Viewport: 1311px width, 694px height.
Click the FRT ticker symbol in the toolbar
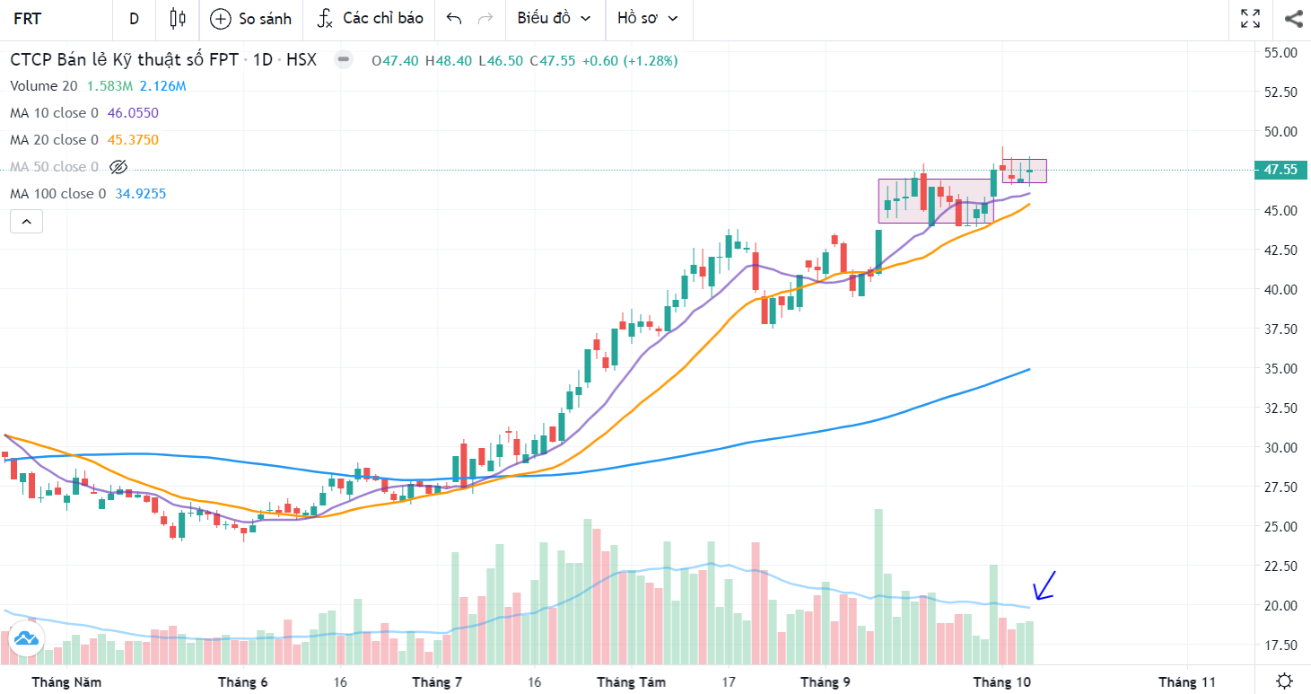pos(28,19)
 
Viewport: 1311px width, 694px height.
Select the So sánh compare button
pos(250,19)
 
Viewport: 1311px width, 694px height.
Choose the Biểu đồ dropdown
pos(554,19)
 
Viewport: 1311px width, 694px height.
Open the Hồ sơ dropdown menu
pos(647,19)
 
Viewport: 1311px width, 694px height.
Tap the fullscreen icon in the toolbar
pos(1250,19)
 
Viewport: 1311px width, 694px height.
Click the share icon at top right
pos(1293,19)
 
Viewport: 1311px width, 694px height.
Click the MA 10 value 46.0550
pos(133,113)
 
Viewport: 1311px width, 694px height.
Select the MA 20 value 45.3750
pos(133,140)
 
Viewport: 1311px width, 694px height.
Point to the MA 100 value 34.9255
pos(140,194)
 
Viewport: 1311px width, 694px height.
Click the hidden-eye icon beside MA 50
pos(118,167)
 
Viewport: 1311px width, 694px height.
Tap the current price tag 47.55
pos(1279,170)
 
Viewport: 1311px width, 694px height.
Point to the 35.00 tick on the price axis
pos(1280,368)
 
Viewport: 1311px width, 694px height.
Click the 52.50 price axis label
pos(1280,92)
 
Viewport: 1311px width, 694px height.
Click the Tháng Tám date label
pos(631,682)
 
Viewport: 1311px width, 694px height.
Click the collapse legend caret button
pos(26,221)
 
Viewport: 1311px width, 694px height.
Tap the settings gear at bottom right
pos(1285,681)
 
